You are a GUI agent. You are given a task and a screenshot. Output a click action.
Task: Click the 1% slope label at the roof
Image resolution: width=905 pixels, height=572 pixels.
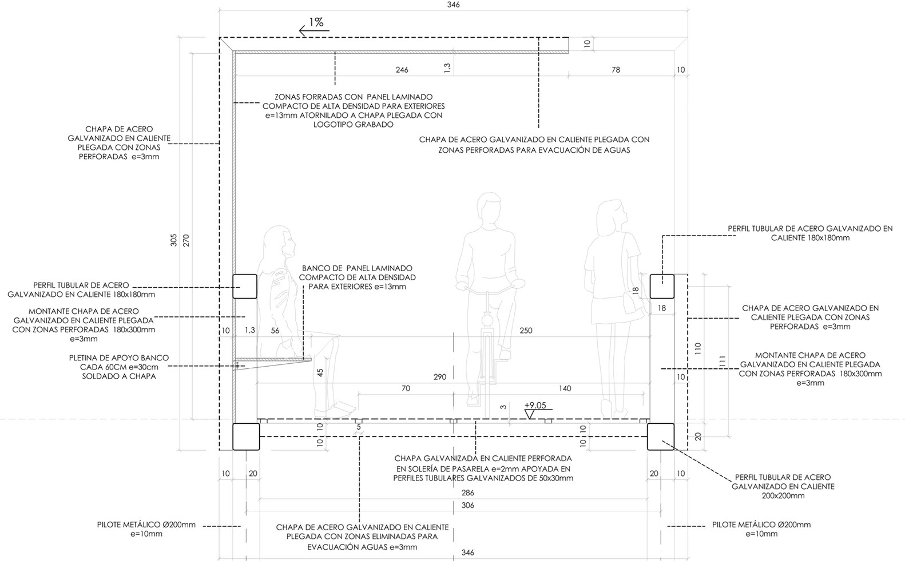tap(316, 22)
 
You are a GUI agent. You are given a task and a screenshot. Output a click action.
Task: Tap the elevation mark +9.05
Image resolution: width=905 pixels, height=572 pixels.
tap(535, 405)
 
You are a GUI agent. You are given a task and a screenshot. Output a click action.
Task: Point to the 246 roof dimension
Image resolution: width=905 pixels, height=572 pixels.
tap(402, 70)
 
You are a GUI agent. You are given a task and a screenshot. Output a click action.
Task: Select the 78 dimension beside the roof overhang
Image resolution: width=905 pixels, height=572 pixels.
tap(616, 70)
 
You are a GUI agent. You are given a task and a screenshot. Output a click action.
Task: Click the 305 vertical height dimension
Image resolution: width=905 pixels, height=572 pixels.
tap(173, 240)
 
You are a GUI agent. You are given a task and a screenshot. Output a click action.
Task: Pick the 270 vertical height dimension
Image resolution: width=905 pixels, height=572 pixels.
tap(186, 240)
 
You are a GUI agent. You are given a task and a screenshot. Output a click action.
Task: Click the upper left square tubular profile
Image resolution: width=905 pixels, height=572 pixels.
tap(245, 287)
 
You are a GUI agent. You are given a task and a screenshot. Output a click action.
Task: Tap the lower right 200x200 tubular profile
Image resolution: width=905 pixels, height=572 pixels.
tap(661, 436)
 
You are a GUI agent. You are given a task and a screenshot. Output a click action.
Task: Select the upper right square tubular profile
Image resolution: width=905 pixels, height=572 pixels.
tap(662, 287)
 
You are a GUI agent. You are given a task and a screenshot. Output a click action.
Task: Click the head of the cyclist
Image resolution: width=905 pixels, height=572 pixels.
tap(490, 209)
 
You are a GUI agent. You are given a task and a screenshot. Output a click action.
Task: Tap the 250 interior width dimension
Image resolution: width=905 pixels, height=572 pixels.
tap(526, 331)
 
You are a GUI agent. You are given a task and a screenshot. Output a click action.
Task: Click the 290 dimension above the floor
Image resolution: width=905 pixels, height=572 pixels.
tap(440, 377)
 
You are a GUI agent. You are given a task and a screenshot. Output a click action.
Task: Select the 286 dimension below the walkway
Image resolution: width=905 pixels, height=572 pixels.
tap(468, 493)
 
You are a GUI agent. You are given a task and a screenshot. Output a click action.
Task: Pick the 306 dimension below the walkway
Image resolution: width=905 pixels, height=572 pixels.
tap(468, 505)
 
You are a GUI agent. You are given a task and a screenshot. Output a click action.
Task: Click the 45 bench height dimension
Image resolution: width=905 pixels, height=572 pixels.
tap(320, 372)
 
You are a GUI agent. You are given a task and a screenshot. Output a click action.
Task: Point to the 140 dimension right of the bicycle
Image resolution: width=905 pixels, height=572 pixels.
tap(565, 388)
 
